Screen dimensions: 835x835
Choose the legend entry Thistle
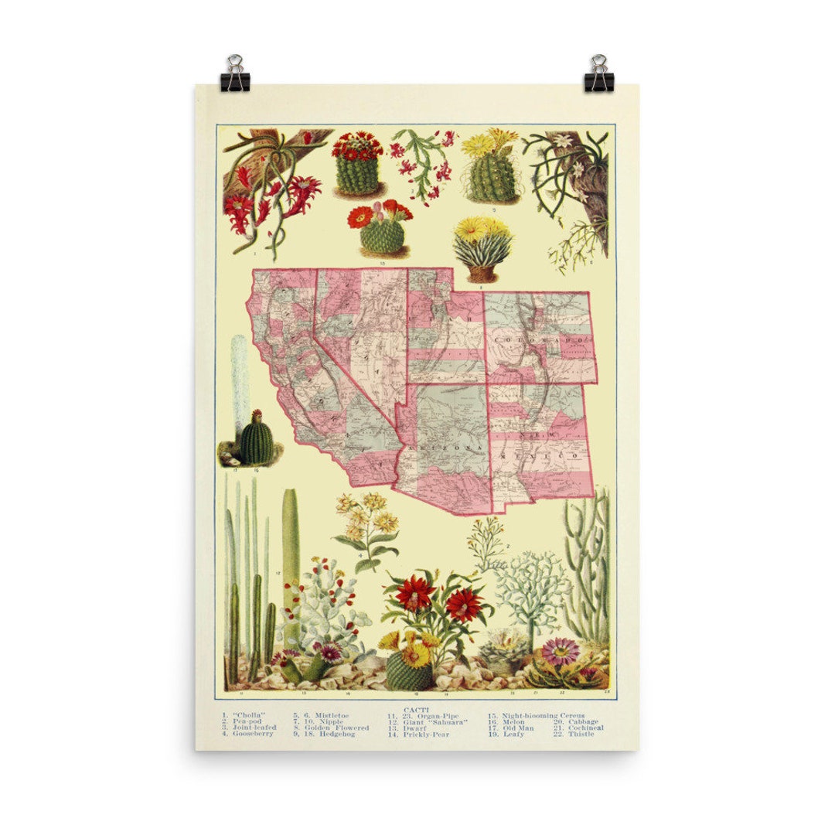click(x=581, y=734)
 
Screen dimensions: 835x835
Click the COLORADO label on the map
click(x=540, y=341)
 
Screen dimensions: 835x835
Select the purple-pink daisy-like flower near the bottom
click(x=560, y=651)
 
